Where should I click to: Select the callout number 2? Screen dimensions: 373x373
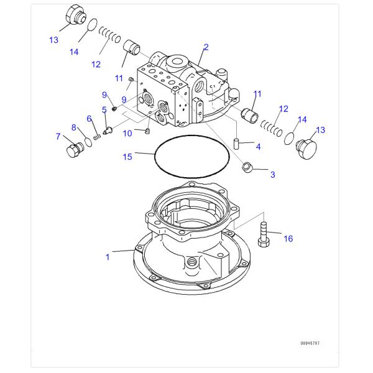click(x=206, y=47)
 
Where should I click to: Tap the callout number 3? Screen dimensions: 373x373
click(x=272, y=175)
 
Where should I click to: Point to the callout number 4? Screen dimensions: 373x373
click(x=258, y=147)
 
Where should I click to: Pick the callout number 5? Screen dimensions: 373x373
click(x=104, y=109)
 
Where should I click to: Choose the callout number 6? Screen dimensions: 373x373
click(x=90, y=119)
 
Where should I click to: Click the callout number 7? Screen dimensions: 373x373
click(x=58, y=136)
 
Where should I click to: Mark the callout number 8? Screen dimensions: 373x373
click(x=73, y=127)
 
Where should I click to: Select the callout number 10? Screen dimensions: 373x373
click(x=127, y=132)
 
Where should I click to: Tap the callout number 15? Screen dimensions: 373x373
click(x=127, y=157)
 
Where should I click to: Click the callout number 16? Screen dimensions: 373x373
click(x=288, y=238)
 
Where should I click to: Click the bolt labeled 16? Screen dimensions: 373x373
click(x=263, y=236)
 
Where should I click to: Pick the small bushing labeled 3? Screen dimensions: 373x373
click(x=247, y=167)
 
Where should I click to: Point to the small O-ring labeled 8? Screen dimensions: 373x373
click(x=87, y=140)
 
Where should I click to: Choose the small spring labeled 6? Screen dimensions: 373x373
click(x=96, y=134)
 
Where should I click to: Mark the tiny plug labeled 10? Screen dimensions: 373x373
click(x=147, y=131)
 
